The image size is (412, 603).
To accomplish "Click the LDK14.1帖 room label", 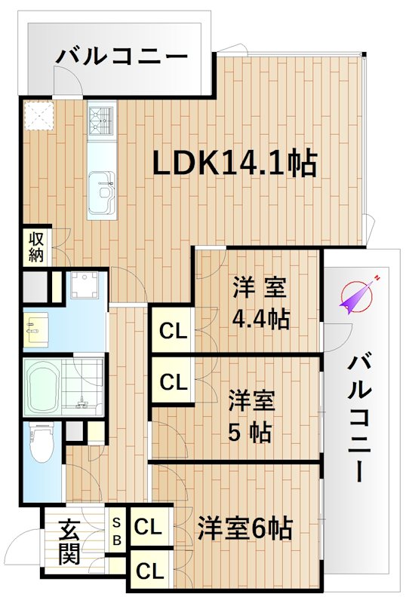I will [235, 163].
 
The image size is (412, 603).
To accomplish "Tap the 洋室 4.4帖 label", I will [260, 303].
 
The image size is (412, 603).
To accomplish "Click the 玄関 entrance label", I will [69, 542].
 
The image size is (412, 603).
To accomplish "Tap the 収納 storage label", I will [36, 246].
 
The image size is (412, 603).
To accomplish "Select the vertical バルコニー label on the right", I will [361, 418].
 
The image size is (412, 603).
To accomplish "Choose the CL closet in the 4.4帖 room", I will [173, 331].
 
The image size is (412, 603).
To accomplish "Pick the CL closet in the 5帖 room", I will [173, 382].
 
